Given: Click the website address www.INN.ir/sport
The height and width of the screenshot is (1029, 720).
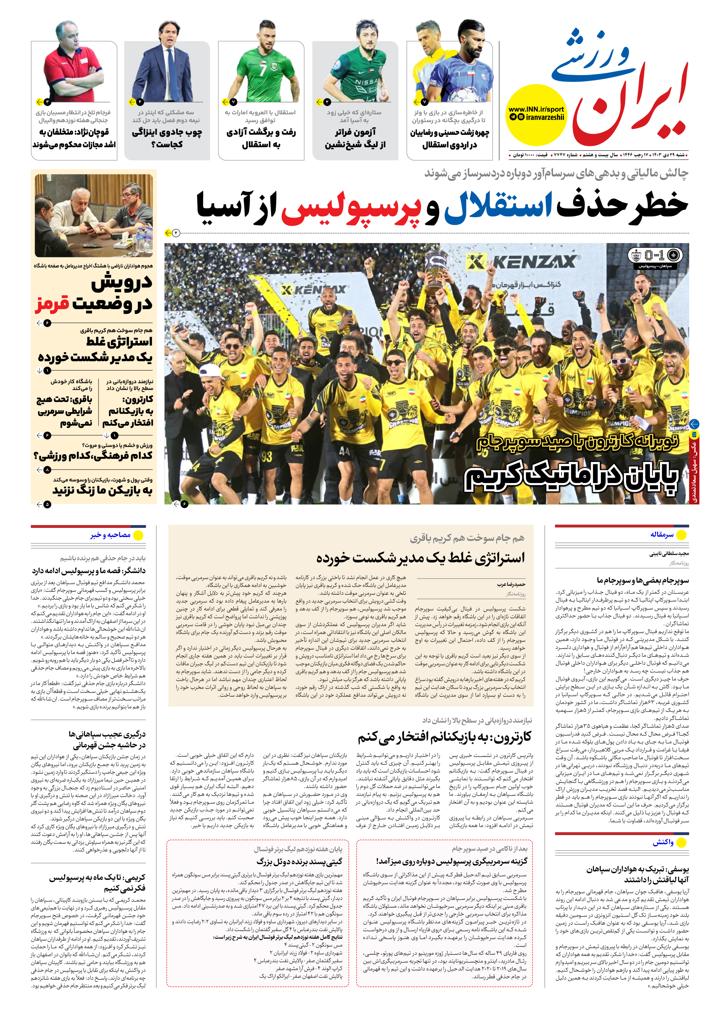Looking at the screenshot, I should coord(536,109).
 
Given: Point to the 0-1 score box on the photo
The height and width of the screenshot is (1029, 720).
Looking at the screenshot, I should coord(655,256).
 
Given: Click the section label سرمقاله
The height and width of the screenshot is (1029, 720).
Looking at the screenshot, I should coord(662,534).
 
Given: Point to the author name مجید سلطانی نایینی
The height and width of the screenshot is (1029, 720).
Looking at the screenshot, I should coord(669,554).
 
